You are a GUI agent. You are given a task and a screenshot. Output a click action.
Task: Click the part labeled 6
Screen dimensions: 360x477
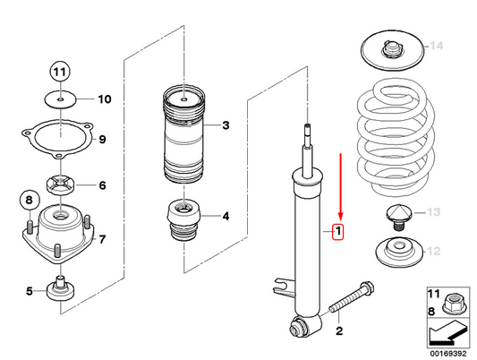[61, 185]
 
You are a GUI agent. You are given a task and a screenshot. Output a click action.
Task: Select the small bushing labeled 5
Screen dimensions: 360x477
[62, 288]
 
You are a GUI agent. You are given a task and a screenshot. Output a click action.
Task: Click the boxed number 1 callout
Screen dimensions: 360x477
[338, 234]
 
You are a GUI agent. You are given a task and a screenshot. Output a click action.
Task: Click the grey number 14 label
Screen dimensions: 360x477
[436, 46]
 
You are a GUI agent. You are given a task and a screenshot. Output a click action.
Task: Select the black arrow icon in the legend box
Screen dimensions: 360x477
[445, 333]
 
